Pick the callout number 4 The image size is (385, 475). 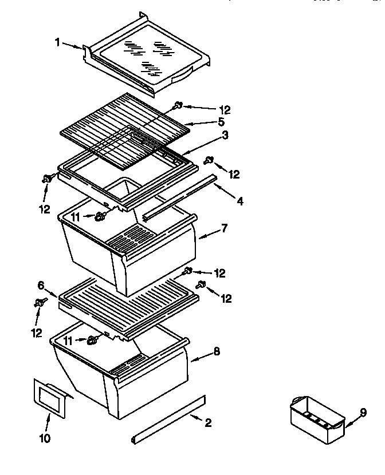[x=240, y=201]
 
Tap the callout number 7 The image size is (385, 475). [x=225, y=228]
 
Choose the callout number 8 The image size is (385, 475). [x=216, y=352]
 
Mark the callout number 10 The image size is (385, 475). [x=45, y=439]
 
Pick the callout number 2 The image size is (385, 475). [x=208, y=423]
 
